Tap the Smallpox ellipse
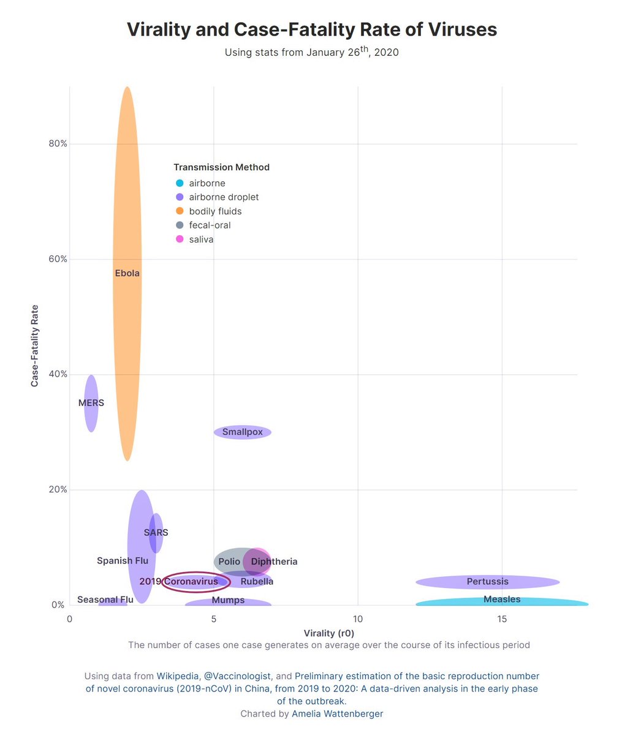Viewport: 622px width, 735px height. coord(242,432)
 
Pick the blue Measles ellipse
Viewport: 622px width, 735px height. coord(502,603)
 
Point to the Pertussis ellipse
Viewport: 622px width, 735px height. coord(488,581)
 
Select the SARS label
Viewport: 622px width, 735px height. coord(156,532)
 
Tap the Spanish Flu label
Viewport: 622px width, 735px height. coord(123,560)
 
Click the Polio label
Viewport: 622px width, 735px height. coord(229,561)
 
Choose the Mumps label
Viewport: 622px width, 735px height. coord(228,600)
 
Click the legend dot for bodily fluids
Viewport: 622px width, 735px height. coord(179,211)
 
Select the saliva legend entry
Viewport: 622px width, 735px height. coord(201,239)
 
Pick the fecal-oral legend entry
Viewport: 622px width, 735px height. coord(210,225)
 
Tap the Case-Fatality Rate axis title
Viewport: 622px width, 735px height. coord(35,345)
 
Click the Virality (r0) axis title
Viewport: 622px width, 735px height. coord(329,633)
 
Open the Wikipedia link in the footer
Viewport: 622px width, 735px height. coord(178,676)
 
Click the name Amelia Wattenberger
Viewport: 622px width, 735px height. coord(337,714)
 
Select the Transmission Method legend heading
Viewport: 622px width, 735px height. coord(221,167)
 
